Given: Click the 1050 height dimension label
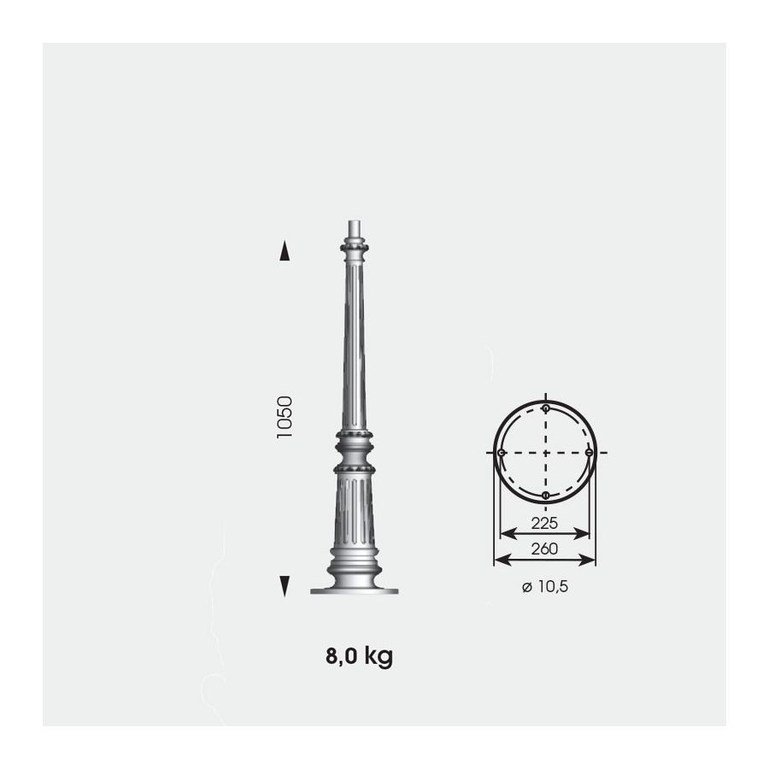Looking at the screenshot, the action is (x=285, y=417).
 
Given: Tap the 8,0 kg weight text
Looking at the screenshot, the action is (x=359, y=656).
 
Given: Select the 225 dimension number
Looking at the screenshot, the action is (x=544, y=523).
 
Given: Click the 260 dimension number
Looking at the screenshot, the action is (x=544, y=549).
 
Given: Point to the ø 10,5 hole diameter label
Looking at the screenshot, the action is (x=545, y=586).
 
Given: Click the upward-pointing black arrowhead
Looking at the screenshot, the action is (x=285, y=250).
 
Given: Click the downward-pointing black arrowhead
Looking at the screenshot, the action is (x=285, y=586).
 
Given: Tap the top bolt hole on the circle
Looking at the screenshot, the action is (x=546, y=408).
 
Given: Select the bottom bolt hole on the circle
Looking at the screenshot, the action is (x=545, y=496).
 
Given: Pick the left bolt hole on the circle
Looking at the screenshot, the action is (x=502, y=453).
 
